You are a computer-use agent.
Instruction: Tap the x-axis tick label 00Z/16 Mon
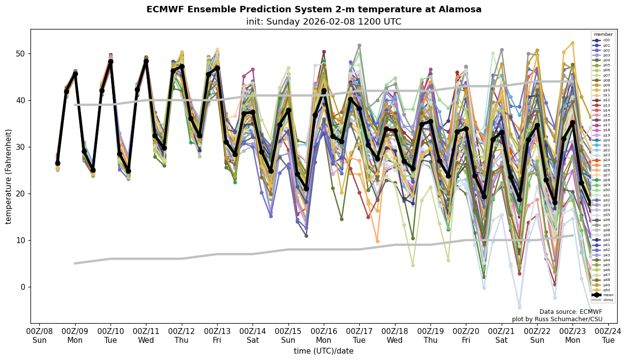(324, 335)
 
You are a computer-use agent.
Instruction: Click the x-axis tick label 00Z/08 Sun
(39, 335)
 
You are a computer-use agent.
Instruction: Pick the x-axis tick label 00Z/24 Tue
(608, 335)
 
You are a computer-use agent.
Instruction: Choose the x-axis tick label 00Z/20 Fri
(466, 335)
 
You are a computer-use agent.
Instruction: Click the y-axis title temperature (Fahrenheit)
(8, 176)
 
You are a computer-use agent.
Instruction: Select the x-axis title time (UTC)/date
(324, 351)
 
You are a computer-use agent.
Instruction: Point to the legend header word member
(603, 34)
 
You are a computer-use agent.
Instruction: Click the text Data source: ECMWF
(570, 312)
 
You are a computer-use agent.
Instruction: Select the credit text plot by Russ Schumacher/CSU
(557, 320)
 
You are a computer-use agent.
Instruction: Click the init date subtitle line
(324, 22)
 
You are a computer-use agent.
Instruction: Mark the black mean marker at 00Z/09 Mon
(75, 74)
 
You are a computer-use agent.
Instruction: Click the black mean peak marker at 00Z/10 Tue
(111, 62)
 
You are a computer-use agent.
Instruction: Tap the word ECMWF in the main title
(165, 9)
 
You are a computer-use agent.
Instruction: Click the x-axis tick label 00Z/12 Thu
(181, 335)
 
